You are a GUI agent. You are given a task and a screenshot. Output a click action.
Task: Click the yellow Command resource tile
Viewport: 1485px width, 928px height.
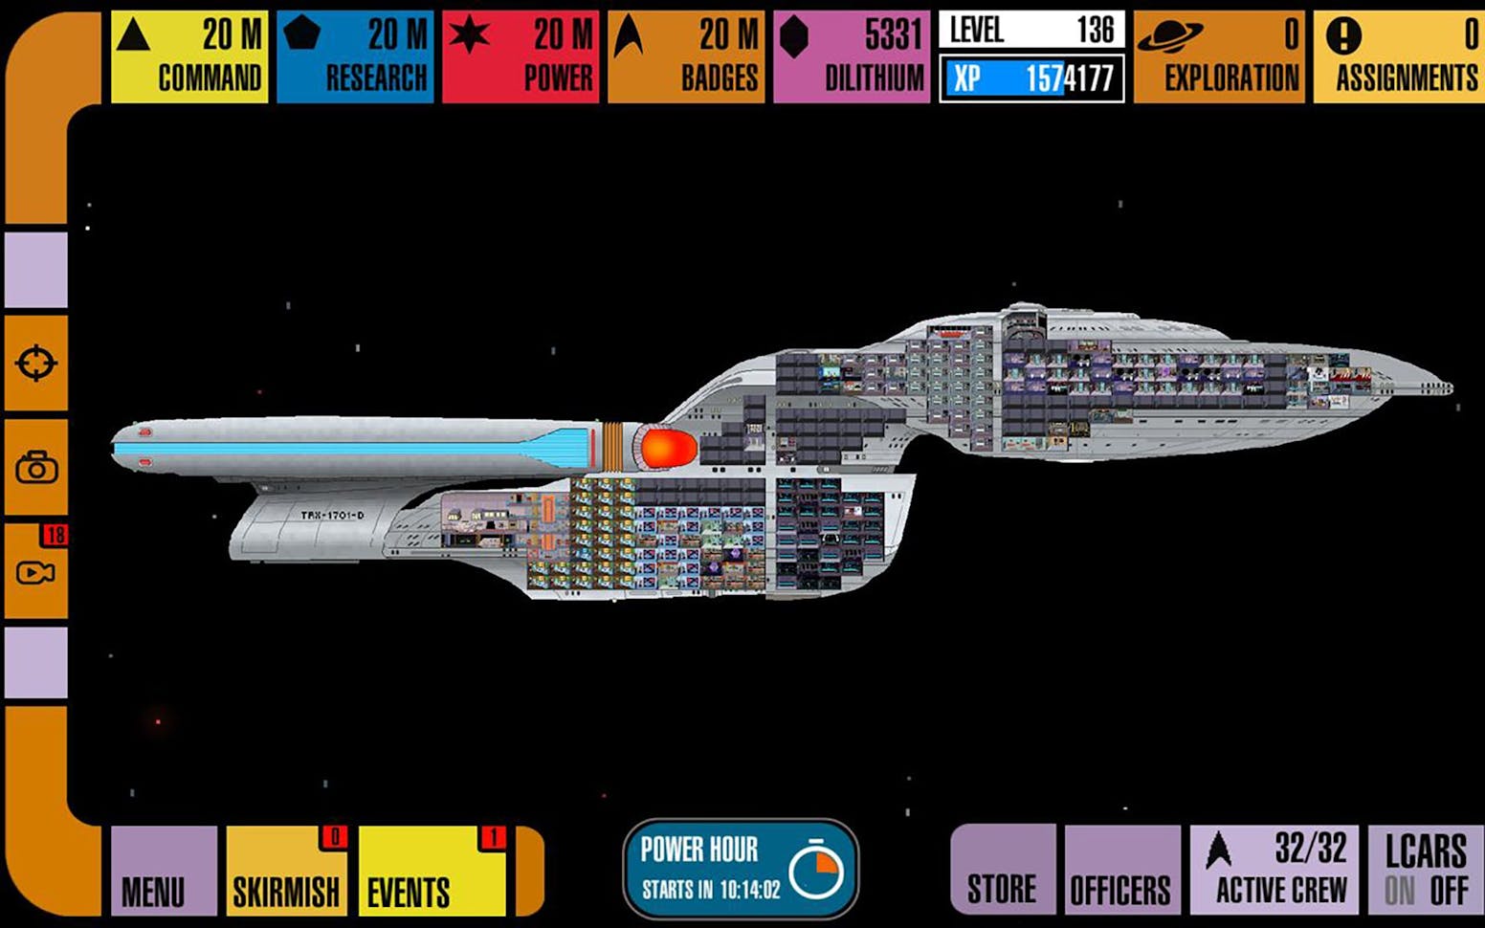point(189,56)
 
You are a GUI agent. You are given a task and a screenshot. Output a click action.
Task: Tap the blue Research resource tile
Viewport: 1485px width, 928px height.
point(355,56)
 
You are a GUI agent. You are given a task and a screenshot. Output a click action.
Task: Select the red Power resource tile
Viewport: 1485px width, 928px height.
point(521,56)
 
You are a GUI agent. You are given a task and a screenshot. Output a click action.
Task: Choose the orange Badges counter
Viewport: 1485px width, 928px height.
point(686,56)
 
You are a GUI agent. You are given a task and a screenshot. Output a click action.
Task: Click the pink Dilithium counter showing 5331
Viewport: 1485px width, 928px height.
point(852,56)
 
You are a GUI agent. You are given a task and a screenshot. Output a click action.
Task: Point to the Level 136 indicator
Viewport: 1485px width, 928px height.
point(1031,31)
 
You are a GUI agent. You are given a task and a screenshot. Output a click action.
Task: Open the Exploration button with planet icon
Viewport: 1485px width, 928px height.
point(1218,56)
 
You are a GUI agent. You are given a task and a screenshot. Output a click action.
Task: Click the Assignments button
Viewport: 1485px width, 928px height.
point(1400,56)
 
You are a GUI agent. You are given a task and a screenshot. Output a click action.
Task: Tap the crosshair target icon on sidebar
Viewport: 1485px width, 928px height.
point(36,364)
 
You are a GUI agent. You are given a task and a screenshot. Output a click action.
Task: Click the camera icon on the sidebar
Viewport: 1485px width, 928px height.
point(36,468)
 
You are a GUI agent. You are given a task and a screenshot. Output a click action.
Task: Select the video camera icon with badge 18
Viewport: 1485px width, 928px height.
point(36,571)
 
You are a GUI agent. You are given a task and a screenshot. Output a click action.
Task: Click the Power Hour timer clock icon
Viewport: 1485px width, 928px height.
point(816,869)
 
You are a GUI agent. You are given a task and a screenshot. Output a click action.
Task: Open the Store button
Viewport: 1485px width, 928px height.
point(1002,871)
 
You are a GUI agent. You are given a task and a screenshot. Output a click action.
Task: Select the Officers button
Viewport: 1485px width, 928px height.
point(1120,871)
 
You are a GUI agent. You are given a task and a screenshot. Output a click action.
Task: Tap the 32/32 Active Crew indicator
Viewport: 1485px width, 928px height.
point(1274,869)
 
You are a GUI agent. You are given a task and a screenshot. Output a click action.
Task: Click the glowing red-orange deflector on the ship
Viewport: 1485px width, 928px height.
point(667,448)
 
